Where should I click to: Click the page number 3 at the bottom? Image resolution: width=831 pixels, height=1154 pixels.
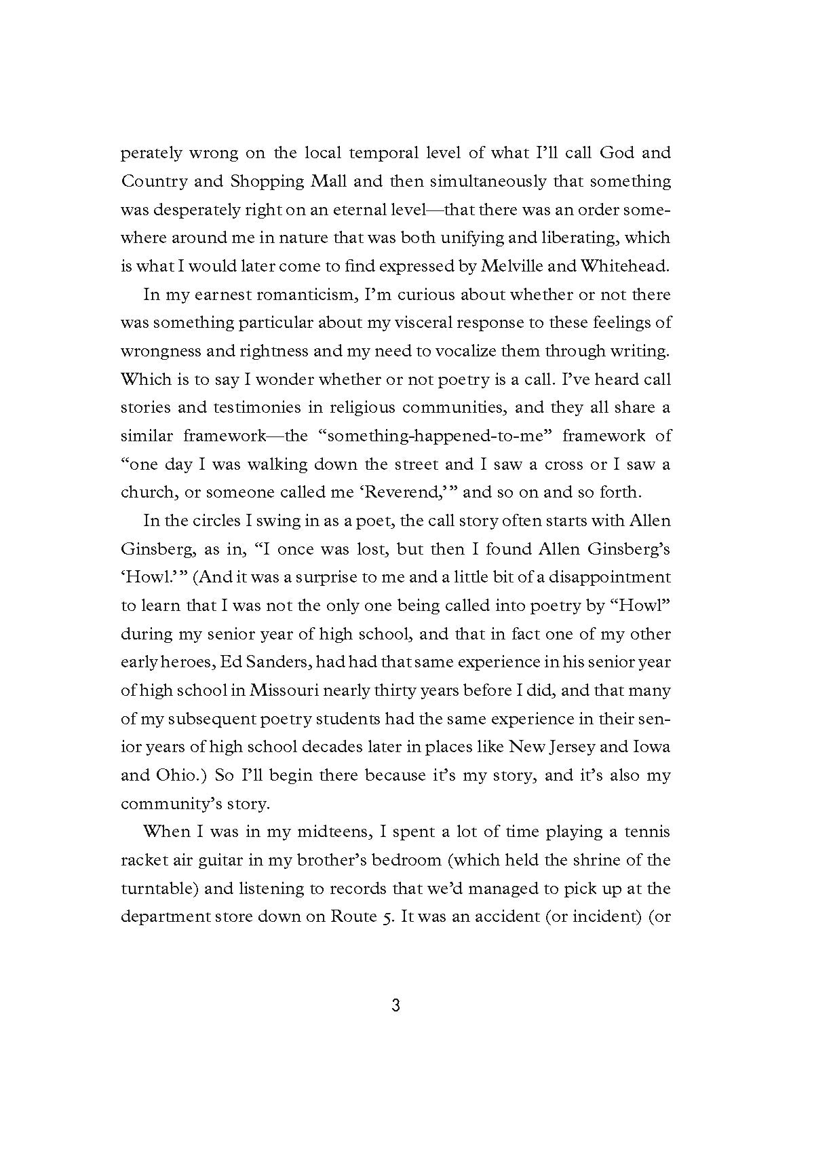[x=396, y=1006]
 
